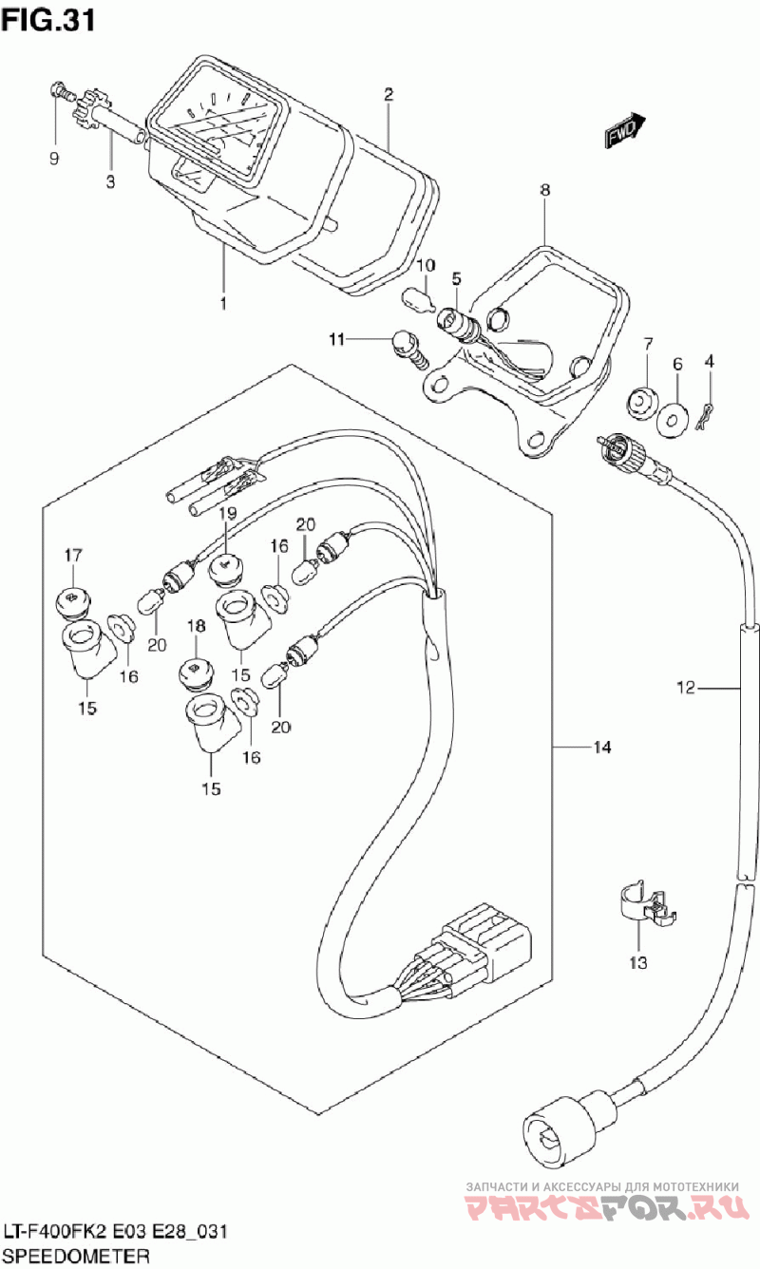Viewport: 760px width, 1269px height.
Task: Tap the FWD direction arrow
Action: click(624, 131)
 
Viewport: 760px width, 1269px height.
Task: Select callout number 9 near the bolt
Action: click(53, 159)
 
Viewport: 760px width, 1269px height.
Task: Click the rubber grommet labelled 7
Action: click(643, 403)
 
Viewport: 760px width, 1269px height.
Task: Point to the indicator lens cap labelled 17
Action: click(73, 599)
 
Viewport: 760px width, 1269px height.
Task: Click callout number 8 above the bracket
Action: click(544, 190)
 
